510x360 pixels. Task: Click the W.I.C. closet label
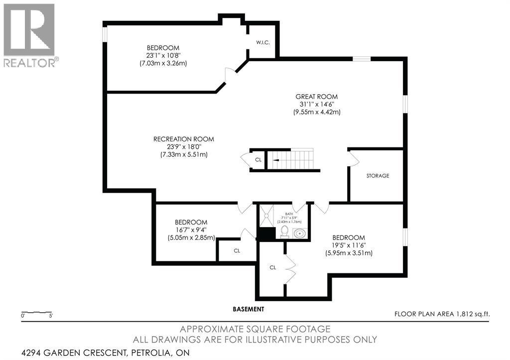[x=263, y=43]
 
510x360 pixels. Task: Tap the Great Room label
[x=316, y=97]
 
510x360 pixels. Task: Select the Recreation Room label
[x=184, y=139]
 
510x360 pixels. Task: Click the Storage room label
[x=378, y=176]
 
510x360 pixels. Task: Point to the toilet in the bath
[x=284, y=232]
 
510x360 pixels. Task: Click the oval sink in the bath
[x=299, y=233]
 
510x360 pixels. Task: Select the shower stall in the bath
[x=266, y=215]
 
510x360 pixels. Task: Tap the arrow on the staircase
[x=275, y=160]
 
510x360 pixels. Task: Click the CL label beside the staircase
[x=258, y=160]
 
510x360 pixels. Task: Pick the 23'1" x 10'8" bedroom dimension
[x=163, y=56]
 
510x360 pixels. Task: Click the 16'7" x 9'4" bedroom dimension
[x=191, y=230]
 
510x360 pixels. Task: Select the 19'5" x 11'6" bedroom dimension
[x=349, y=245]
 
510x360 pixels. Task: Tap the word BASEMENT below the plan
[x=249, y=309]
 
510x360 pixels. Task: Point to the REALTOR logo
[x=29, y=35]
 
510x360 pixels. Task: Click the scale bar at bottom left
[x=36, y=313]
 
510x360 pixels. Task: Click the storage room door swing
[x=354, y=159]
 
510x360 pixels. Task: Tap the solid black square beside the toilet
[x=266, y=234]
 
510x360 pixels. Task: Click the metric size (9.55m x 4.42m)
[x=316, y=112]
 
